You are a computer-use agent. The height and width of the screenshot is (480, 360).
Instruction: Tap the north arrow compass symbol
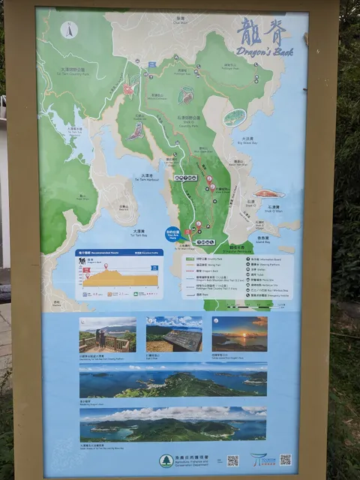[x=69, y=31]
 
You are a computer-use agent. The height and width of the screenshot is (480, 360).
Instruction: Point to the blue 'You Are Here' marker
[x=172, y=233]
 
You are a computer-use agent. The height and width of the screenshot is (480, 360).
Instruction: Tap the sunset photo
[x=239, y=334]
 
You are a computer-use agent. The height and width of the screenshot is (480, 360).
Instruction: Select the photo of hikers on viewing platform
[x=107, y=334]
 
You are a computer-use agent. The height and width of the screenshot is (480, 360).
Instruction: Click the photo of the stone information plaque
[x=174, y=334]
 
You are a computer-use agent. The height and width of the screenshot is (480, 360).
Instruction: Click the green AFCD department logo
[x=166, y=460]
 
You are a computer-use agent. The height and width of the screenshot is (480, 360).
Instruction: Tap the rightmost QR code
[x=285, y=459]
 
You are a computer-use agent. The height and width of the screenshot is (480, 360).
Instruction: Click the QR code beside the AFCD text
[x=233, y=460]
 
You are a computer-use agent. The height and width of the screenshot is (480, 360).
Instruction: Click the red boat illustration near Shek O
[x=268, y=193]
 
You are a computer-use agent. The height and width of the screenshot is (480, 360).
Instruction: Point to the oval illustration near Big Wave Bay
[x=235, y=117]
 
